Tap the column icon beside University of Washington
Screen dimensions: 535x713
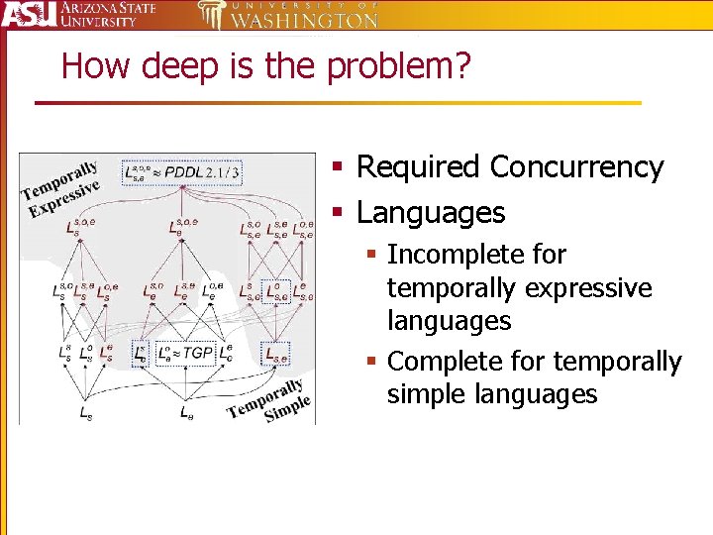point(212,15)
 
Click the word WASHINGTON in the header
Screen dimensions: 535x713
point(304,20)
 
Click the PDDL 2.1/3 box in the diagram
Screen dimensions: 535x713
point(181,172)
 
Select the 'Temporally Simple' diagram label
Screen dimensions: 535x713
point(269,400)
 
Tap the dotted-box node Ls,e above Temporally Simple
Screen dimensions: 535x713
point(277,352)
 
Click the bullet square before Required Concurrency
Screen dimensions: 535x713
point(337,168)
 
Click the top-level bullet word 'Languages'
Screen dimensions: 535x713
point(431,212)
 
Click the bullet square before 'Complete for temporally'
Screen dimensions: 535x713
point(373,363)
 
